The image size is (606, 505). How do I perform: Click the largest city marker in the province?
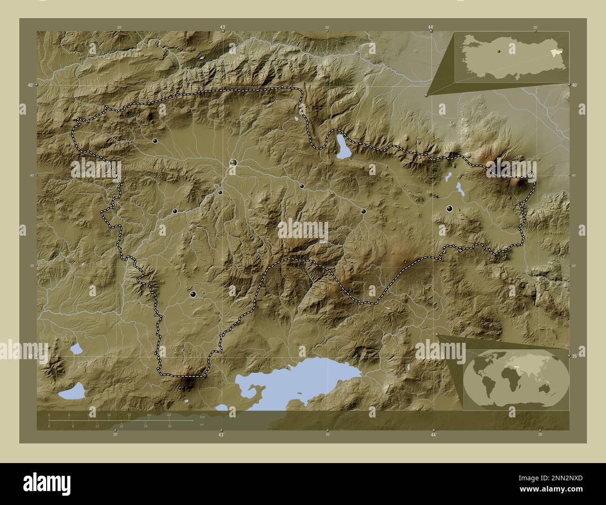click(233, 163)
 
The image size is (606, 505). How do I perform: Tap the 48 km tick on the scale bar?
click(169, 415)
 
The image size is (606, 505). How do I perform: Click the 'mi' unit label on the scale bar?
click(201, 425)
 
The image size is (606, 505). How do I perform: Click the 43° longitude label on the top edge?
click(222, 28)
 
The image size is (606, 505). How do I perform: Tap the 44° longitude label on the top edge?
click(431, 28)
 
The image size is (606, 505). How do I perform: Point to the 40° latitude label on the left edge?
click(30, 85)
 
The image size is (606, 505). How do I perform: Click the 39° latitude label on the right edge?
click(574, 356)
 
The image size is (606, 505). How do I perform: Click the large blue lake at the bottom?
click(298, 380)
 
